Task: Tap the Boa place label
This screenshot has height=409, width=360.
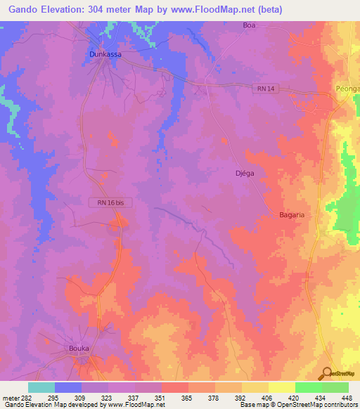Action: [248, 25]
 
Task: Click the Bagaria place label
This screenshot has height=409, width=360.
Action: [291, 215]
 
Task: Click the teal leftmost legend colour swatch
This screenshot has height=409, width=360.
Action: [41, 387]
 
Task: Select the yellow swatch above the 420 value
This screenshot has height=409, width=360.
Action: [281, 387]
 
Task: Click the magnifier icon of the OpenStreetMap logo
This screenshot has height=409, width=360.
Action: [326, 373]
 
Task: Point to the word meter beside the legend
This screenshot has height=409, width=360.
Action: [12, 397]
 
